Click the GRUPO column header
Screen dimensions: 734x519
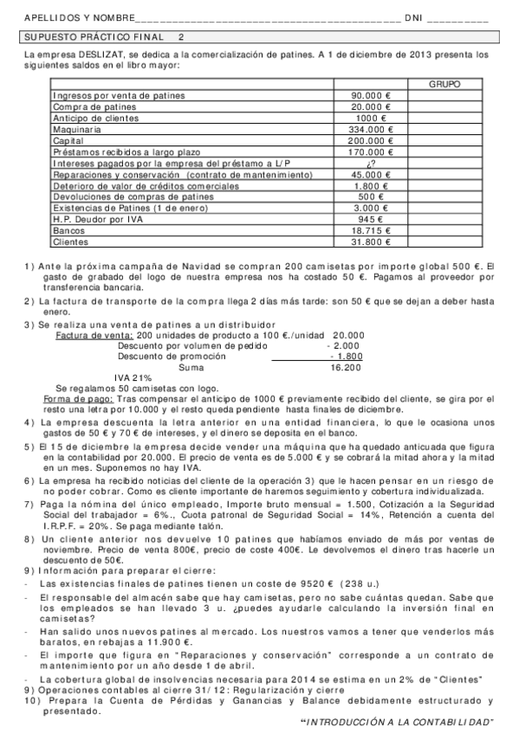[x=444, y=84]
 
